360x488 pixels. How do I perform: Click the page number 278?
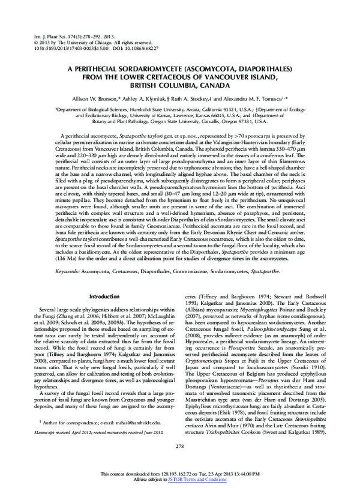point(179,463)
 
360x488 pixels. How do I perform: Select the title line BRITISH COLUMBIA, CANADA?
point(179,85)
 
